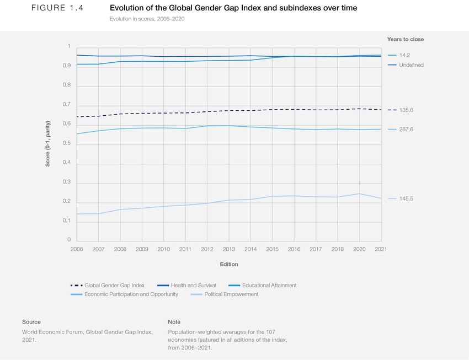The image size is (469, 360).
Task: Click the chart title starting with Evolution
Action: (x=233, y=8)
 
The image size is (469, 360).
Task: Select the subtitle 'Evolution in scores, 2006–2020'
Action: (x=147, y=19)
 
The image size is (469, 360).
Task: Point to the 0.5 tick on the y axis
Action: (x=66, y=143)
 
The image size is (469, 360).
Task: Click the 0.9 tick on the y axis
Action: (x=66, y=66)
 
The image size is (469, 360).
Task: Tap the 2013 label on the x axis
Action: (x=228, y=249)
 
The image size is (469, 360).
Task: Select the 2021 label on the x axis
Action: (x=381, y=249)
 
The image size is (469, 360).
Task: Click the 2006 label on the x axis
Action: (x=77, y=249)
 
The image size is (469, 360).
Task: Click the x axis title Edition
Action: (x=229, y=264)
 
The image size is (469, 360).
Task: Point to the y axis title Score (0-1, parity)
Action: (x=48, y=143)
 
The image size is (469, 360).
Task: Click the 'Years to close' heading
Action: (x=406, y=39)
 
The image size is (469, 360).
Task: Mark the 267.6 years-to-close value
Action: (x=406, y=130)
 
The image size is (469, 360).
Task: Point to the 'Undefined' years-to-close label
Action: (x=411, y=65)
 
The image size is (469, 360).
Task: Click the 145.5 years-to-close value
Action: (x=406, y=198)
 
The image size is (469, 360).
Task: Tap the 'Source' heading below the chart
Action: (x=31, y=322)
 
